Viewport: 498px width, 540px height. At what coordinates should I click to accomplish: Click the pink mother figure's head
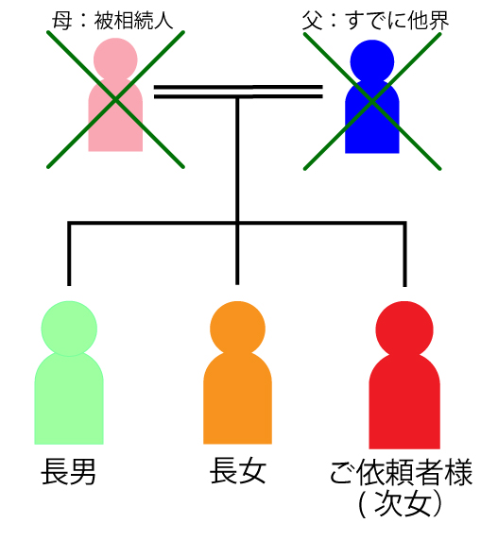(115, 59)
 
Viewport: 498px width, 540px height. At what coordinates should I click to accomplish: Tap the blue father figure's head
(372, 61)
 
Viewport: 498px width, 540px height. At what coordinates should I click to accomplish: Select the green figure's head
(69, 329)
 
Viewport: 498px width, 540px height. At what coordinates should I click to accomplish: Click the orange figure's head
(237, 329)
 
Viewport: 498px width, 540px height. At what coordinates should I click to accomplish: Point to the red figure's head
(404, 329)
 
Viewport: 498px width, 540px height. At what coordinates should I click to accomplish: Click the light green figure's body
(69, 398)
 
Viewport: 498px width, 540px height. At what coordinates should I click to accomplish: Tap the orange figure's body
(237, 398)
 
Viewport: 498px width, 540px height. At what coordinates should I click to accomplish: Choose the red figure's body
(404, 402)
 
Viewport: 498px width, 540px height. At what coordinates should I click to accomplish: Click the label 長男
(68, 472)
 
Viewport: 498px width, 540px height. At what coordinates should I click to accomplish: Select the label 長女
(238, 470)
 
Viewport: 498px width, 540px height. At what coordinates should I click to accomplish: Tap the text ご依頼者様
(401, 472)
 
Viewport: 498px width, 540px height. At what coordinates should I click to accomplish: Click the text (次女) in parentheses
(400, 503)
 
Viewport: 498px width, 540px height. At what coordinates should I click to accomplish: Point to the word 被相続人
(133, 21)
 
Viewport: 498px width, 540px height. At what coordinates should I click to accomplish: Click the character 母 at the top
(62, 21)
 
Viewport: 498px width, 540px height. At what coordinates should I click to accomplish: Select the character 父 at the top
(313, 21)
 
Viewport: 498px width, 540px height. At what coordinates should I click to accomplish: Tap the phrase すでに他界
(397, 21)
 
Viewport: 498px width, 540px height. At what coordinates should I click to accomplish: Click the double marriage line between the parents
(238, 92)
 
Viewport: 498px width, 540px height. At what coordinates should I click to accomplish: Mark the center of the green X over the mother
(116, 100)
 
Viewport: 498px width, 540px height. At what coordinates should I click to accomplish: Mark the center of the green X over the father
(372, 101)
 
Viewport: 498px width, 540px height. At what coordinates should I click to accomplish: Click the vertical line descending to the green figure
(69, 255)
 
